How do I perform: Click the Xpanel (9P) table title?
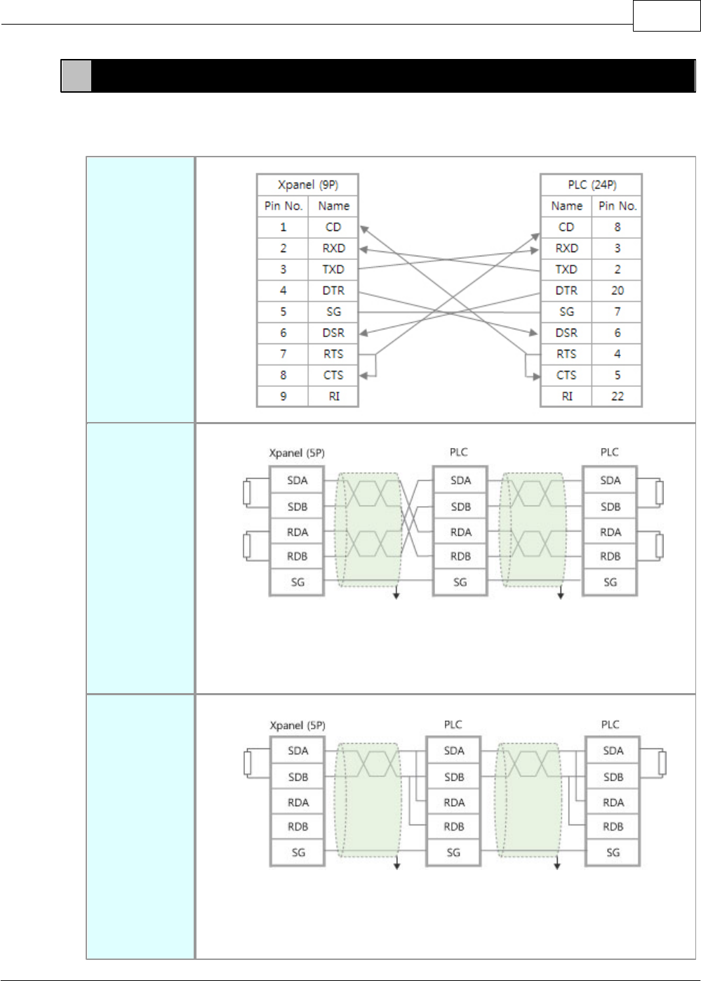307,185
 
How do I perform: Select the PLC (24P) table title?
592,185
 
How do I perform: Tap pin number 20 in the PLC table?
617,291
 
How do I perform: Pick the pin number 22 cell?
617,396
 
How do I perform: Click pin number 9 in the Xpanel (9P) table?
283,396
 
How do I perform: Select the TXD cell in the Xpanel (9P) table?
333,270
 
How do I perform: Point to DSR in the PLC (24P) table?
566,333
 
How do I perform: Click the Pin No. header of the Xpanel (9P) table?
283,206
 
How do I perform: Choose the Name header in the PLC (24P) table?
566,206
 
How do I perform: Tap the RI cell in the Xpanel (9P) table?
333,396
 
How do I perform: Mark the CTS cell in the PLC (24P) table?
566,375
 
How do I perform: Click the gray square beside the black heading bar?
76,77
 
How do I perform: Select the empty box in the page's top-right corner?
667,16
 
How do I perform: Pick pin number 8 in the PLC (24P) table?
617,227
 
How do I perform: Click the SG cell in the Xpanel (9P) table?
333,312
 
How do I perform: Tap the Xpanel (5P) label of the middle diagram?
297,453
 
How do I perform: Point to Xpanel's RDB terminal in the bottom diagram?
298,827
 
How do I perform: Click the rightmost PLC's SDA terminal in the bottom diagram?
613,751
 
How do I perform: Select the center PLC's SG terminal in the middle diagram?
460,582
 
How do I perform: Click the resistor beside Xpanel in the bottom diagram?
248,763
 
